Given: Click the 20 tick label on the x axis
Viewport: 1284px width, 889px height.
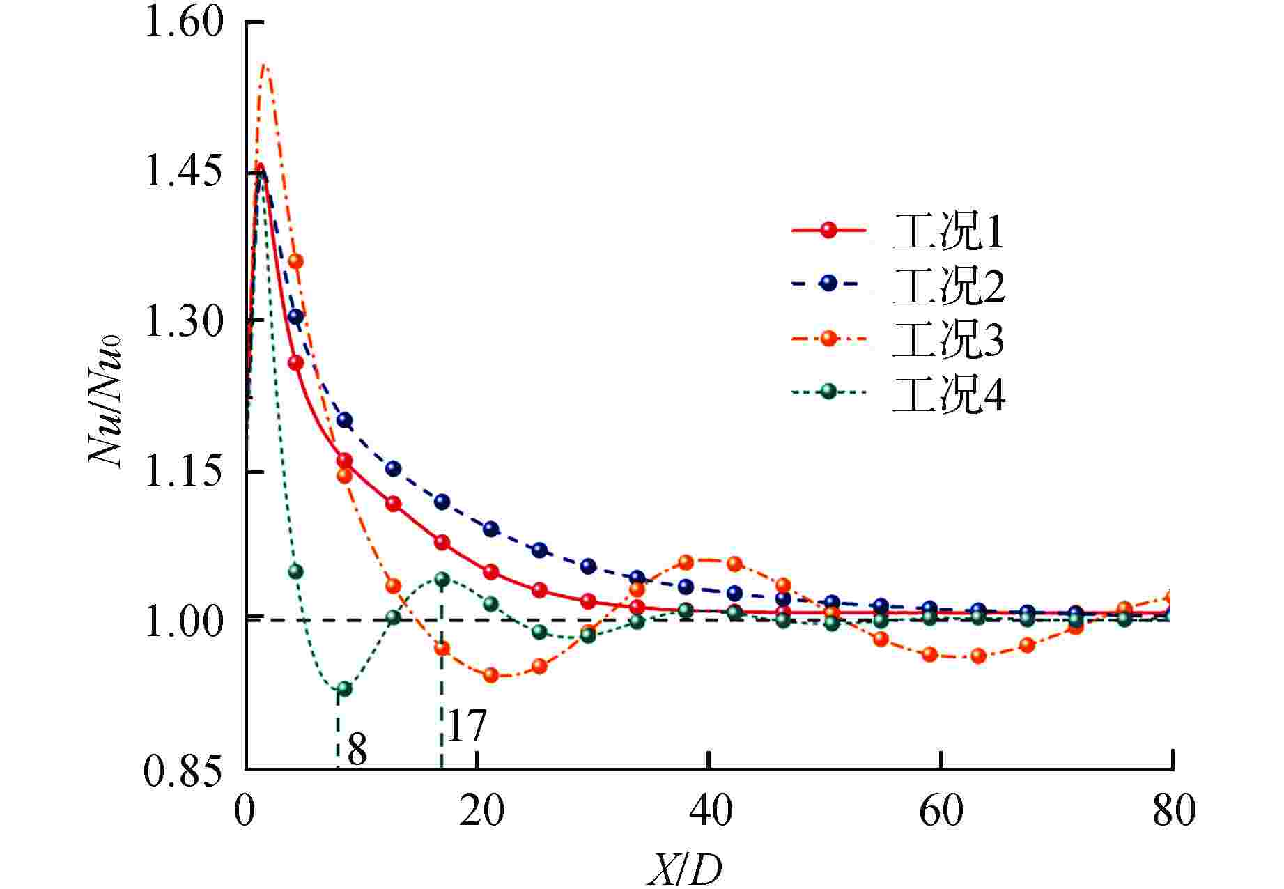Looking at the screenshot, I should (x=481, y=812).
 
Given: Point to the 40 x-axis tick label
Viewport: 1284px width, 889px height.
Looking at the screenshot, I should (x=709, y=812).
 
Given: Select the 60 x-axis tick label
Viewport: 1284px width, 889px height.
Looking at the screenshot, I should (x=941, y=812).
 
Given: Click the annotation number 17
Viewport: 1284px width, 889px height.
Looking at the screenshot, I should (x=465, y=727).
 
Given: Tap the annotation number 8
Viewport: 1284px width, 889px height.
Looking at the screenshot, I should (x=357, y=750).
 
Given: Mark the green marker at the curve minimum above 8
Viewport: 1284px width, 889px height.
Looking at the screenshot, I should (x=343, y=689).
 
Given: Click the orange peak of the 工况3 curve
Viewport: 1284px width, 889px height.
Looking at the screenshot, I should (x=264, y=65).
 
